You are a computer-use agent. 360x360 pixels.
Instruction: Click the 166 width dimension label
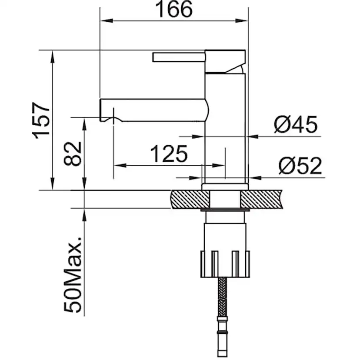point(173,10)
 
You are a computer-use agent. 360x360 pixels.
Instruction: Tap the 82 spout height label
point(73,153)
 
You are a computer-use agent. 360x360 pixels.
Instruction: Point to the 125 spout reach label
point(169,154)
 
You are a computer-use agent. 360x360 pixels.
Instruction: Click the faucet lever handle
point(178,57)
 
